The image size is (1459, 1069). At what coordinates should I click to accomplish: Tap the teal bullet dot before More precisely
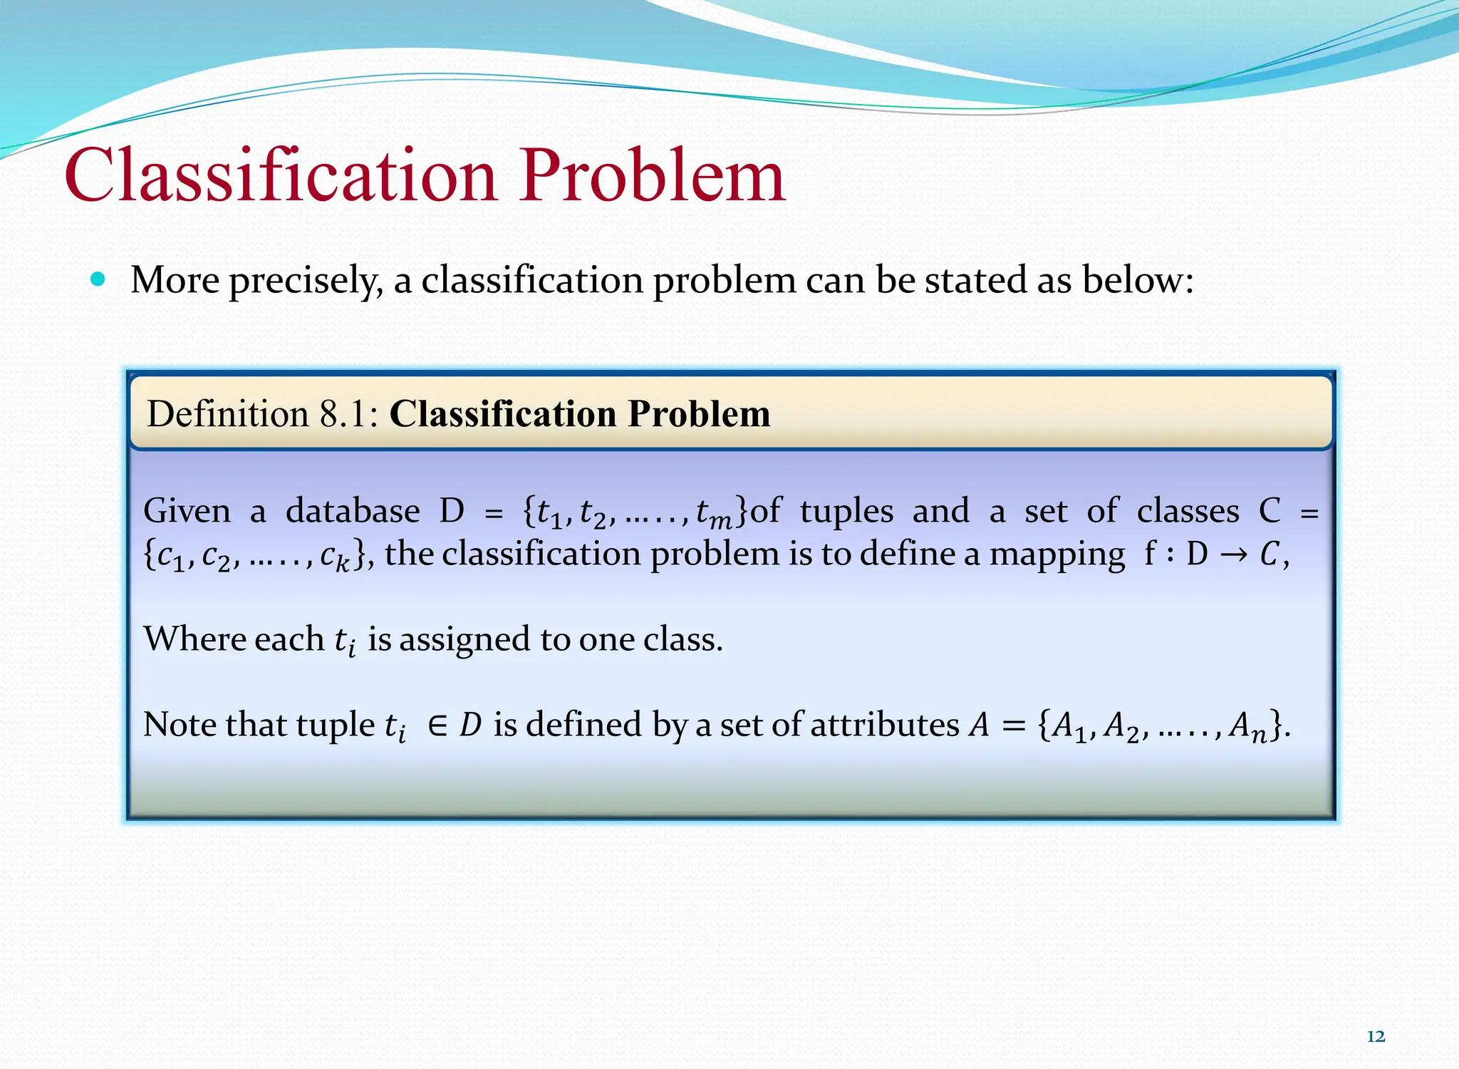coord(98,279)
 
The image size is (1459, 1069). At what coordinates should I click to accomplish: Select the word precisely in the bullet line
coord(306,280)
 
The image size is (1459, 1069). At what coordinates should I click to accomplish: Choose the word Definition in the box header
coord(227,414)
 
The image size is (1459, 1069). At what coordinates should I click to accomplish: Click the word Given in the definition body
coord(187,511)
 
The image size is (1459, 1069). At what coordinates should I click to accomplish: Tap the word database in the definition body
coord(353,511)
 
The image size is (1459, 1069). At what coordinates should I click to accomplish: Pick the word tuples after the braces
coord(846,512)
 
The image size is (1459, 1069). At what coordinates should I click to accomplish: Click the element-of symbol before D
coord(437,725)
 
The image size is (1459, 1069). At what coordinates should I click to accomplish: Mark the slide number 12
coord(1376,1036)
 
